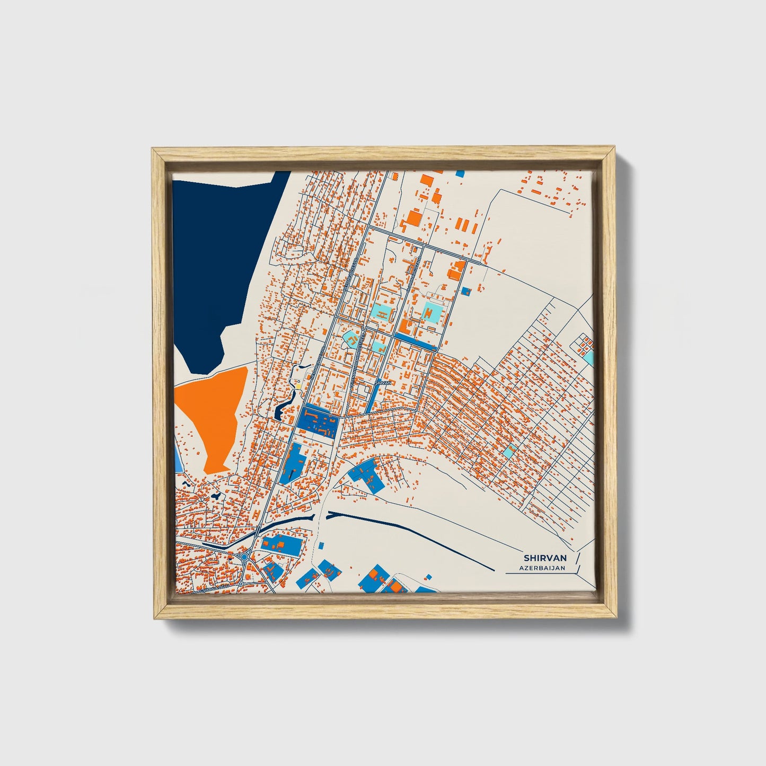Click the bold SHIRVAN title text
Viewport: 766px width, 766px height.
click(545, 558)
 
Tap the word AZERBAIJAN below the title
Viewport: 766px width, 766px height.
click(542, 568)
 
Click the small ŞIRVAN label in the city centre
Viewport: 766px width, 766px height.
click(383, 382)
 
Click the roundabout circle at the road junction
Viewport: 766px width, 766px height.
click(245, 557)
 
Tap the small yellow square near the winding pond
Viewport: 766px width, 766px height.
click(297, 386)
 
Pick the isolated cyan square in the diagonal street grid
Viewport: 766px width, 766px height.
click(509, 452)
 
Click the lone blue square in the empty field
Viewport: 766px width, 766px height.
click(466, 290)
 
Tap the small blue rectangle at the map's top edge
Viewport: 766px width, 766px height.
click(460, 173)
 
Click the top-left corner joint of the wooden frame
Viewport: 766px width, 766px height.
click(157, 154)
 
